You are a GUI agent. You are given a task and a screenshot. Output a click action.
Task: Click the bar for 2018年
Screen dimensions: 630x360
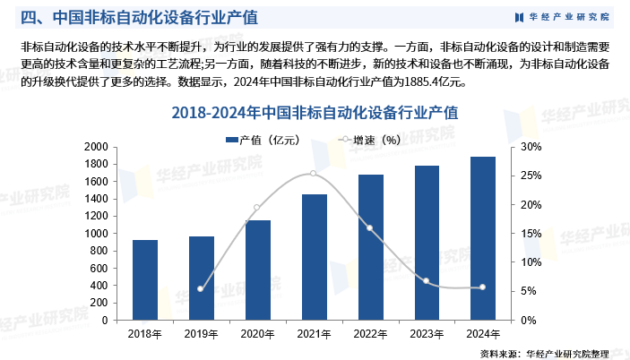click(145, 280)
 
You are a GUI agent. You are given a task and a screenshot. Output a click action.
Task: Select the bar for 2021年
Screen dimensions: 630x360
click(315, 257)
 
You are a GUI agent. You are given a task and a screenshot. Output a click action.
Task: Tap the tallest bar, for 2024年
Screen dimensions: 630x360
click(483, 238)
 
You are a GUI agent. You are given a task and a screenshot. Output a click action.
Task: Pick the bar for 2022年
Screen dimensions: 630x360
click(370, 247)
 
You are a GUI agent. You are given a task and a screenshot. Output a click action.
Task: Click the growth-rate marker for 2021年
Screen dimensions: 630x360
click(314, 174)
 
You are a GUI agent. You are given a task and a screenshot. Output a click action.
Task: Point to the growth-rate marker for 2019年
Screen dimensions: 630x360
click(201, 288)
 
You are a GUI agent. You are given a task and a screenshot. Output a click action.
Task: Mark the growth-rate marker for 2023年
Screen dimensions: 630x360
click(427, 281)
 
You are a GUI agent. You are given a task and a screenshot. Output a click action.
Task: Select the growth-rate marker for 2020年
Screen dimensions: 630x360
click(257, 208)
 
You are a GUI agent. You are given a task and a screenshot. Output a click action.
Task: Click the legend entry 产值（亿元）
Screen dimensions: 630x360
click(263, 140)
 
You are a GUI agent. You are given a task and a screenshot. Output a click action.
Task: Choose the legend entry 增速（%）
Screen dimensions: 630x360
click(369, 140)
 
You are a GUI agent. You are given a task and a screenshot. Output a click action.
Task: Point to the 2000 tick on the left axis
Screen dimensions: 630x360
click(96, 147)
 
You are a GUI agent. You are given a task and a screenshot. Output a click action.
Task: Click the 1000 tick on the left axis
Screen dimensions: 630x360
click(96, 234)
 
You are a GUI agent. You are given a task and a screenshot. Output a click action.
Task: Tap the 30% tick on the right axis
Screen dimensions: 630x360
click(531, 147)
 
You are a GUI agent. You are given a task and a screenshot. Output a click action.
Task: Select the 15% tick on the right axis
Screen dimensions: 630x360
click(531, 234)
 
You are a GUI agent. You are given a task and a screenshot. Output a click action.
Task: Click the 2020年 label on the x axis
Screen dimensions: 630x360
click(257, 334)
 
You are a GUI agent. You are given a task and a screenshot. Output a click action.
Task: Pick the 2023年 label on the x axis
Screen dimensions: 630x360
click(427, 334)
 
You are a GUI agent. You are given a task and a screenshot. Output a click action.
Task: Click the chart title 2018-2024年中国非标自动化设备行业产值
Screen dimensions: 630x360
click(315, 113)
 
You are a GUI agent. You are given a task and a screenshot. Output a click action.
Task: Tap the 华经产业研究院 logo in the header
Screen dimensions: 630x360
click(562, 17)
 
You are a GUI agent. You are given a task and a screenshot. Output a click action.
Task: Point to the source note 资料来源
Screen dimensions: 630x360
click(545, 354)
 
